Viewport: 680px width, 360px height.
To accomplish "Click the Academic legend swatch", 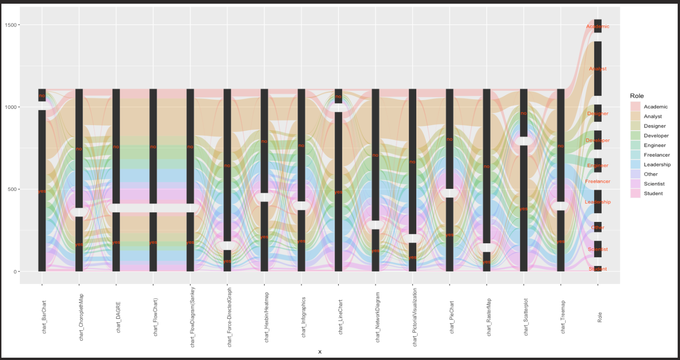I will pos(635,107).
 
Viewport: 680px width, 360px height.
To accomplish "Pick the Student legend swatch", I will pos(635,194).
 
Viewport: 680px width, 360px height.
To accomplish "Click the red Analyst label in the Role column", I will pos(597,69).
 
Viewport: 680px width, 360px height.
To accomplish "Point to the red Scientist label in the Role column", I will pos(597,250).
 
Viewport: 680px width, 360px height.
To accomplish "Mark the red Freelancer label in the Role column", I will pos(597,182).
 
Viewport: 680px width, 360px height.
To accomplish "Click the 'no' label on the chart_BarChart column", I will pos(42,96).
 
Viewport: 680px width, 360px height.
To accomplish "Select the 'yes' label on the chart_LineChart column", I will pos(338,192).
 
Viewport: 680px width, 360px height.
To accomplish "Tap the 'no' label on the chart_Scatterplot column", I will pos(524,113).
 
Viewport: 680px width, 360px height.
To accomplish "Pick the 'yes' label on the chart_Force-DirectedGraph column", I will pos(227,261).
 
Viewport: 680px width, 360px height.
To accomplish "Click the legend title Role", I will pos(637,96).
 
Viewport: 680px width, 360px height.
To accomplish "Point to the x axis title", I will pos(320,352).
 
